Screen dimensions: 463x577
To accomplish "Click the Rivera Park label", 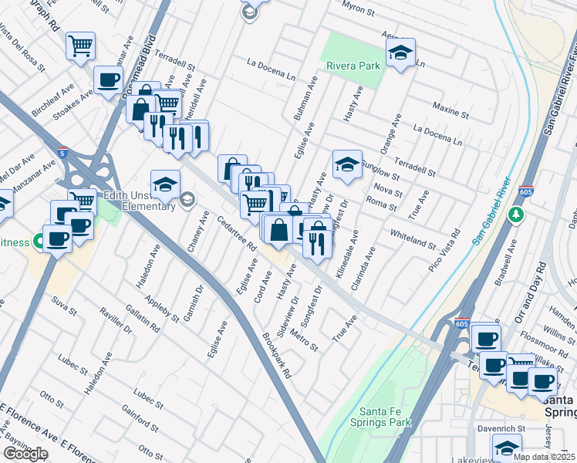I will [x=353, y=66].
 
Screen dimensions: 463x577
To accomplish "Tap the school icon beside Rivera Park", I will [x=400, y=53].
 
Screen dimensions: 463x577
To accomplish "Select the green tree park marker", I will [x=517, y=213].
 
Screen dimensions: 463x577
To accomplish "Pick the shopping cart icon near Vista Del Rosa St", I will [x=79, y=46].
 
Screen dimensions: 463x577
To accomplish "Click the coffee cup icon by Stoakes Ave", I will [x=108, y=79].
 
